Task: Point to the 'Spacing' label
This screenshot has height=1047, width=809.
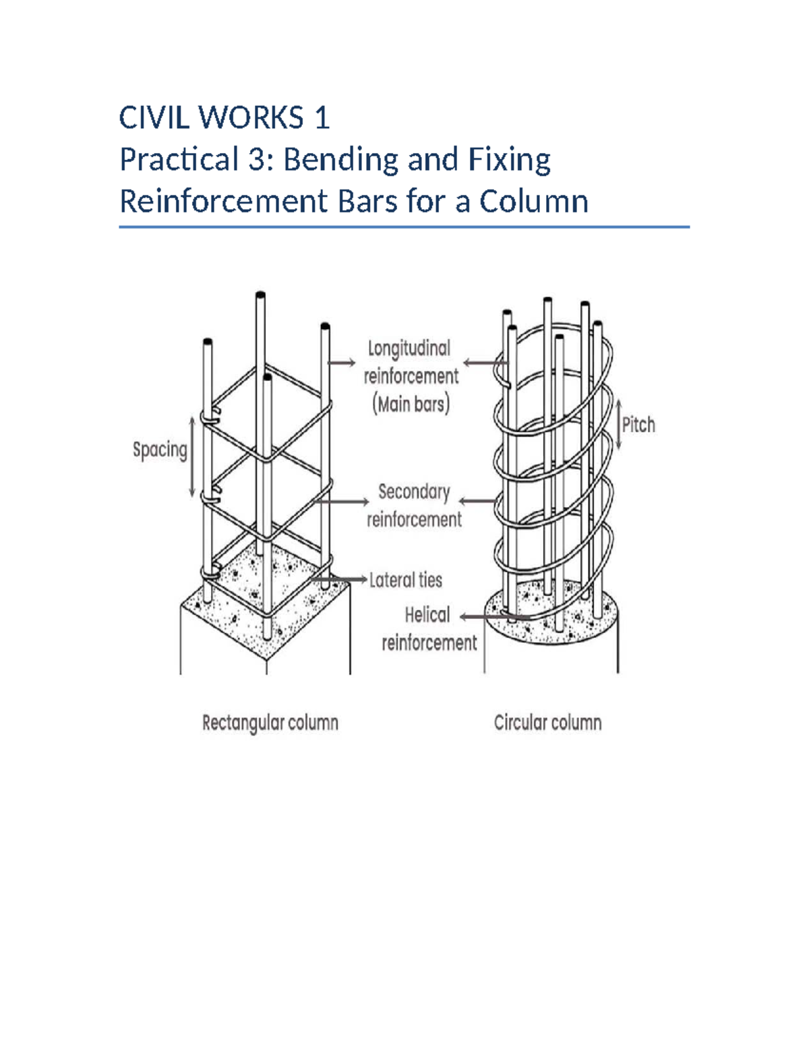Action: [160, 450]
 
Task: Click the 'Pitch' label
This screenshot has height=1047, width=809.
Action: [638, 425]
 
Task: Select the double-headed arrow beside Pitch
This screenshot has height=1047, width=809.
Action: [619, 425]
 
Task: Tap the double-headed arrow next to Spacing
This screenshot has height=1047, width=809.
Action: [192, 456]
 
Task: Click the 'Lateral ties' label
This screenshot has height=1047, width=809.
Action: [405, 580]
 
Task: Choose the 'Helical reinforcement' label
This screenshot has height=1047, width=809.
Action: [429, 629]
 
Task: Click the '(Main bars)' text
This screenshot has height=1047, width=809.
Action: [411, 405]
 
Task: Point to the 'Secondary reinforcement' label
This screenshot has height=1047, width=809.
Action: [414, 506]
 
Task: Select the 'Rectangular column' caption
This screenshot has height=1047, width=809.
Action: [270, 723]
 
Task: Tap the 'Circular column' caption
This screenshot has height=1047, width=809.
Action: [547, 723]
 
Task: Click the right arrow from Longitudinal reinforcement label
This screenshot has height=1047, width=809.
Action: [485, 363]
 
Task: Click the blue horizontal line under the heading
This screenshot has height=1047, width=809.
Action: [404, 227]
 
